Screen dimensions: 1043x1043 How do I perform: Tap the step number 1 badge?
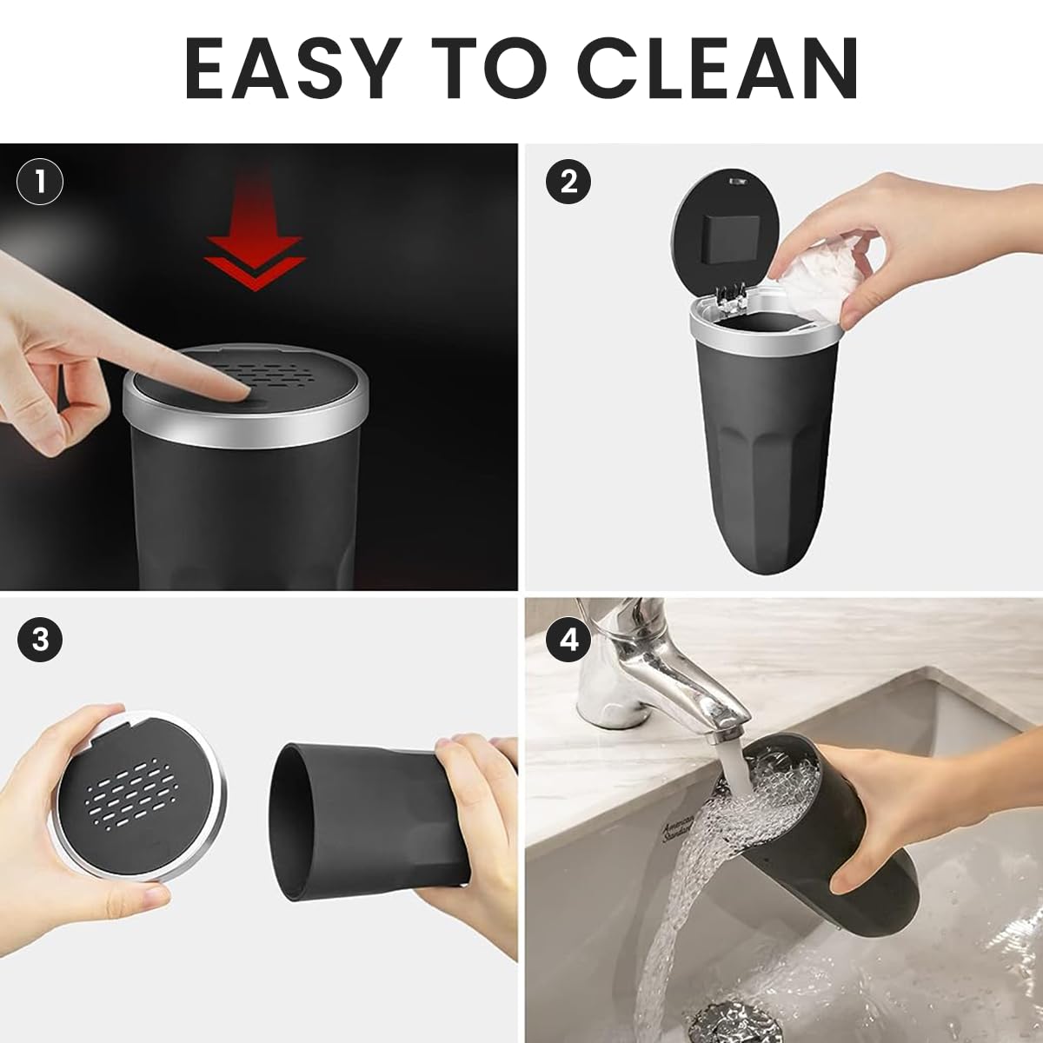tap(40, 182)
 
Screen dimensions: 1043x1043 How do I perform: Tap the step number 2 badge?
tap(568, 182)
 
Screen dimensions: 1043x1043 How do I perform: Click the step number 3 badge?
tap(40, 641)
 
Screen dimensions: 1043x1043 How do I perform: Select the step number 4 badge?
tap(568, 641)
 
